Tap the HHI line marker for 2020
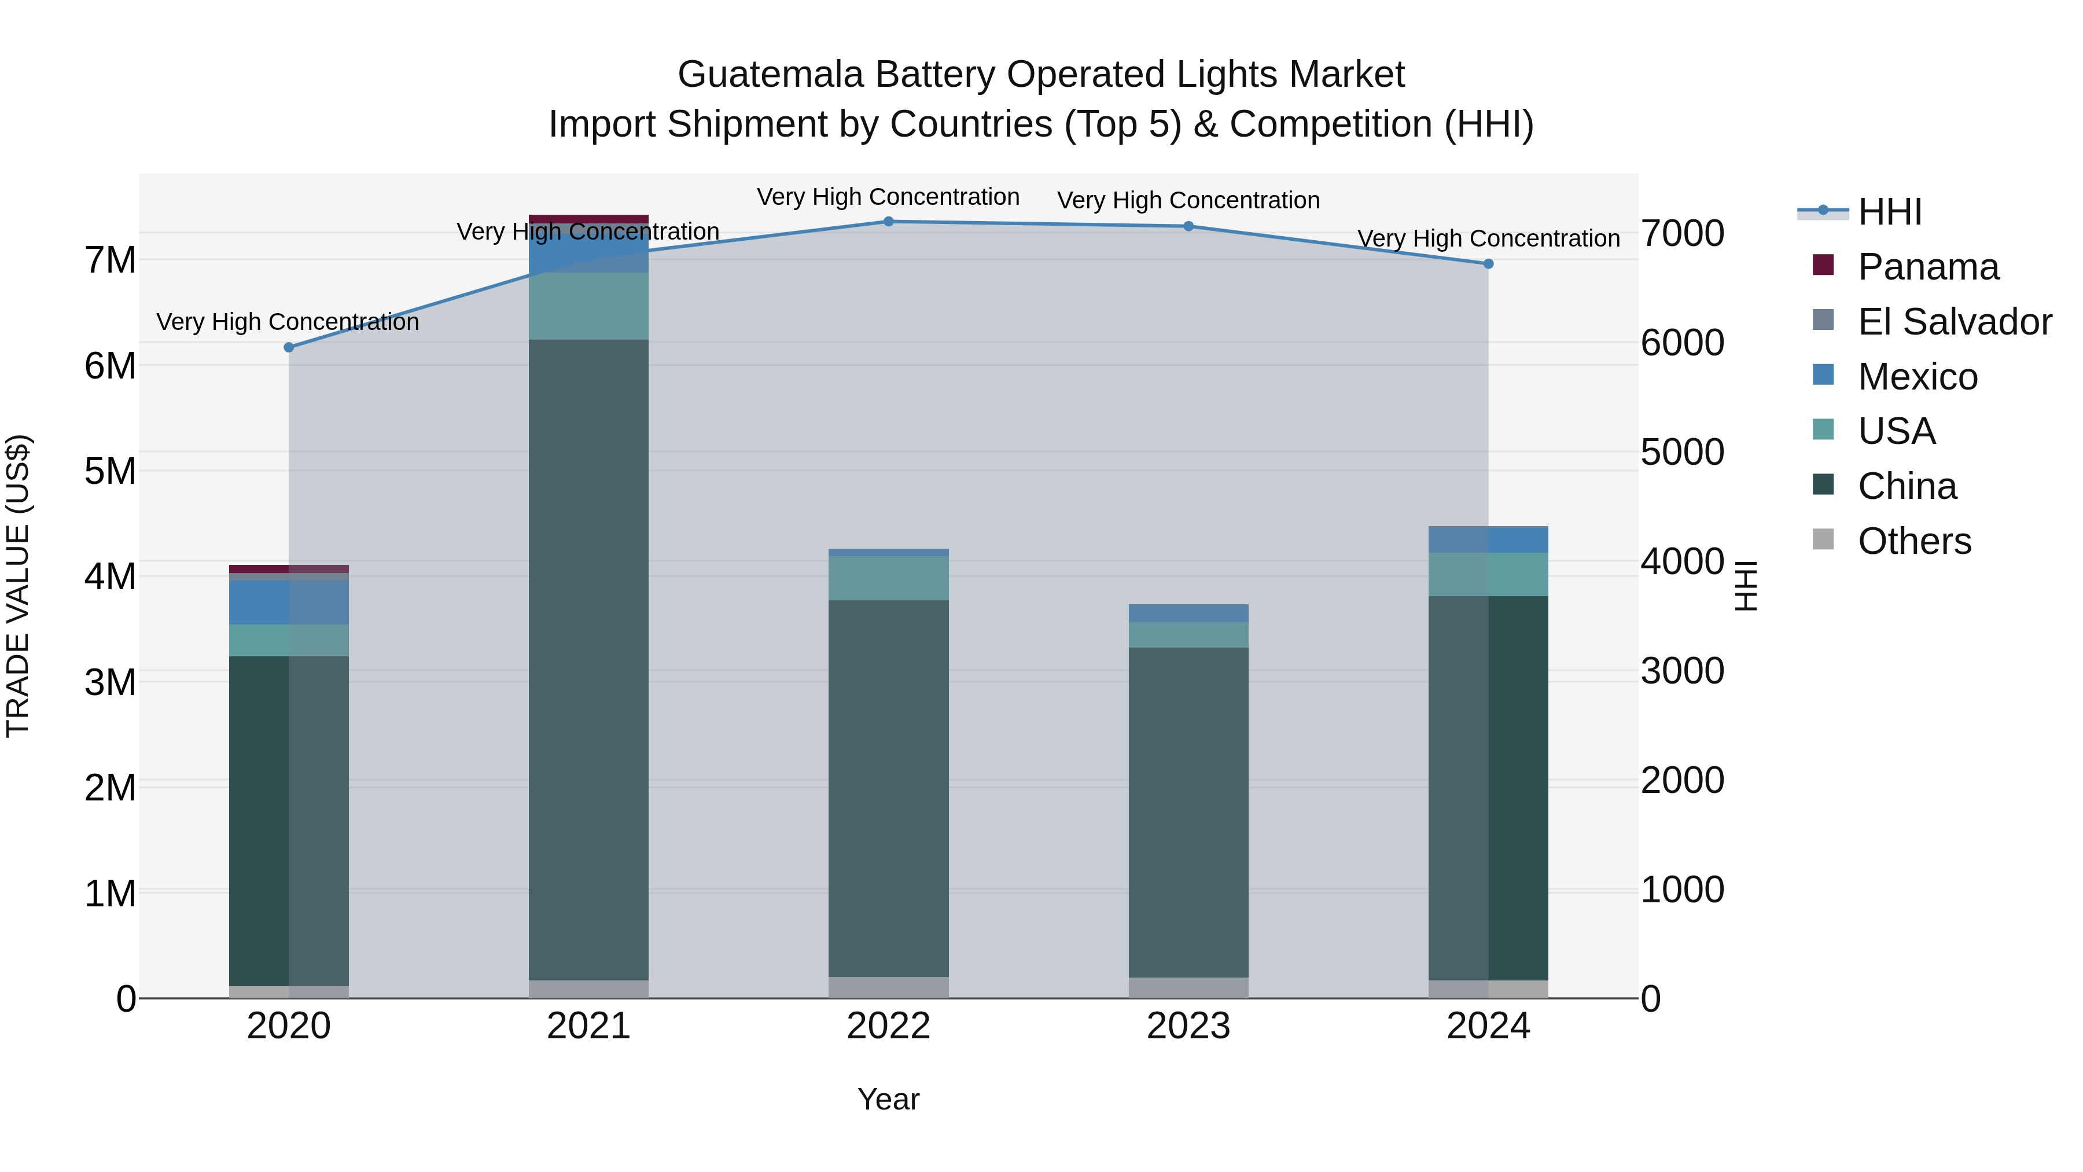click(x=289, y=347)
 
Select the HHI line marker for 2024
click(x=1488, y=264)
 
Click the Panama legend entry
click(x=1928, y=267)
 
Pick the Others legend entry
click(x=1914, y=541)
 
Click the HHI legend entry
click(x=1889, y=212)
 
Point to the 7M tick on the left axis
click(x=110, y=260)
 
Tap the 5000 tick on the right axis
click(x=1682, y=452)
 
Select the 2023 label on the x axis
click(x=1188, y=1026)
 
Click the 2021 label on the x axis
click(x=588, y=1026)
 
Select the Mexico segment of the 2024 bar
click(x=1488, y=539)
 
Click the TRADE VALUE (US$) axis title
click(x=18, y=586)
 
